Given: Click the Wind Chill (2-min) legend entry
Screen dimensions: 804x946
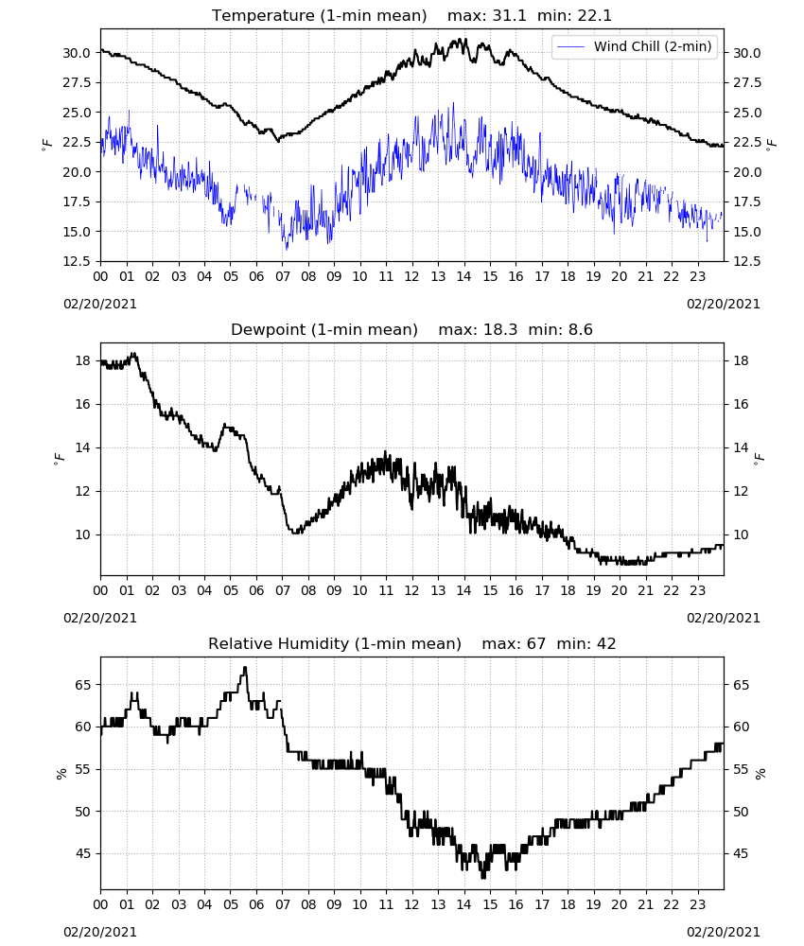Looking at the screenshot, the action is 635,46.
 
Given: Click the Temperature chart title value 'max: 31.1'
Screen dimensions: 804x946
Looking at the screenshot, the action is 487,16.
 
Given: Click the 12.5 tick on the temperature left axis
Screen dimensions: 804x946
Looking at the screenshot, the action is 77,261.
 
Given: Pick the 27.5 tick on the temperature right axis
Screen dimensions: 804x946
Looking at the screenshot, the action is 747,82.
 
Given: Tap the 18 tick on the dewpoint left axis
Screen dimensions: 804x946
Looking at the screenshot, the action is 83,360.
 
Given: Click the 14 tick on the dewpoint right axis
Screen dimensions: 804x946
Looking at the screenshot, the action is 741,447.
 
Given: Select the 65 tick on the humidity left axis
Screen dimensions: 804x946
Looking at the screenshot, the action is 83,685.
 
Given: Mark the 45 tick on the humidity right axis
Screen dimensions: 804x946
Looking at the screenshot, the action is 741,853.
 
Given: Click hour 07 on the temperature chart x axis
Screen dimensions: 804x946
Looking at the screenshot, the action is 282,277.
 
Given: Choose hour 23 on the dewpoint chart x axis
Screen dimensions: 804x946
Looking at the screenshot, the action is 698,590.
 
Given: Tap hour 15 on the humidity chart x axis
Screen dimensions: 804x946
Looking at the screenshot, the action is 490,905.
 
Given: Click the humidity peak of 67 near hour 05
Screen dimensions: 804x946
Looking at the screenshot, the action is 245,667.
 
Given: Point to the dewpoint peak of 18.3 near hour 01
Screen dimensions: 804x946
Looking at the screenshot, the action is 134,354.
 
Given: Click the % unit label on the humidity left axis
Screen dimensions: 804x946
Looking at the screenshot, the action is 61,774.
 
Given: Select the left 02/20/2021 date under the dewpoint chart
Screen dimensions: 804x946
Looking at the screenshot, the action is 100,618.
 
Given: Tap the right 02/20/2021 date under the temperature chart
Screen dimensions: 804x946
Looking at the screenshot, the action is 724,304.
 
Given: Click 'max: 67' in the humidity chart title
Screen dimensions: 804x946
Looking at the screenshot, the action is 514,643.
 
